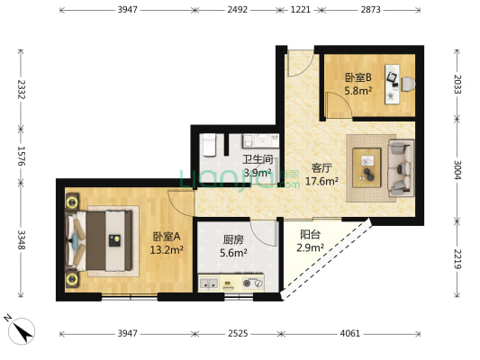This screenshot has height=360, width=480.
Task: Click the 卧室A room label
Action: click(167, 237)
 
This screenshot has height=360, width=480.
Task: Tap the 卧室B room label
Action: click(358, 77)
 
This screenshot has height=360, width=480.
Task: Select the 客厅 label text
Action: click(322, 168)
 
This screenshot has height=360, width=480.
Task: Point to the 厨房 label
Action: click(233, 239)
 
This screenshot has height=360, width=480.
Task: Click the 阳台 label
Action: click(310, 234)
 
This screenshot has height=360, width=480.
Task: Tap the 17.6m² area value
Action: click(322, 181)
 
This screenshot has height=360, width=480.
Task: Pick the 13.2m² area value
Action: click(167, 250)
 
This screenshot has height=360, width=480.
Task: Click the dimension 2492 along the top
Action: click(237, 10)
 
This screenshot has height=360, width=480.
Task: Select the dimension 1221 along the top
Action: click(300, 10)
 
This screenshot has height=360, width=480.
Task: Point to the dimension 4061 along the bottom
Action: click(350, 333)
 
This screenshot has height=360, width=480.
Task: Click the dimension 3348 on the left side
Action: click(21, 239)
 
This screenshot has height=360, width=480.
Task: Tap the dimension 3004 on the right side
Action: click(457, 169)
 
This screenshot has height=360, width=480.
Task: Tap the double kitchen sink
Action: click(209, 283)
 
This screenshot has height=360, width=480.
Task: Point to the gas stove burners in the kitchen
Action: click(252, 283)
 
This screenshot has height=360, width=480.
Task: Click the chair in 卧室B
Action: click(408, 84)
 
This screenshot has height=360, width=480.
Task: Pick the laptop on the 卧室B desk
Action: click(392, 77)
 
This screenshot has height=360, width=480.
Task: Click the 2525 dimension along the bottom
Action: click(238, 333)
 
